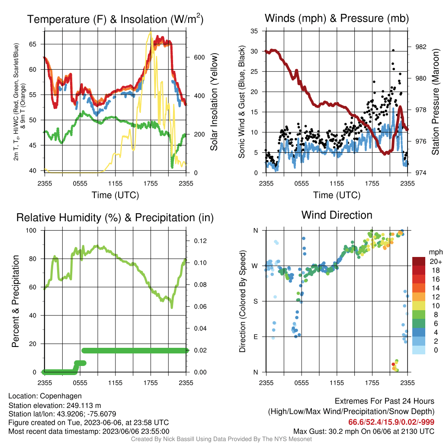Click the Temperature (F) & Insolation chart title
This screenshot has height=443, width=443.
coord(115,19)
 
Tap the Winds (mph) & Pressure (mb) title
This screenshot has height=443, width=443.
coord(337,18)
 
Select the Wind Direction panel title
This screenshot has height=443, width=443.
coord(337,215)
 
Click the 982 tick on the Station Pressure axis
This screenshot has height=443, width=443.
coord(421,47)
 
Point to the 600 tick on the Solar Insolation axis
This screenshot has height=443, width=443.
coord(199,58)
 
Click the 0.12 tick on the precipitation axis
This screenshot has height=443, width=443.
coord(200,241)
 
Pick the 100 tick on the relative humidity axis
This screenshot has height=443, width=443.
coord(31,231)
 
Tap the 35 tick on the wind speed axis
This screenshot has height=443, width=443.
coord(254,31)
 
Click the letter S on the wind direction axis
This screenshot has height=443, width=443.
coord(255,302)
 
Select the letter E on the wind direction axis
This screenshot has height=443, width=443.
coord(255,337)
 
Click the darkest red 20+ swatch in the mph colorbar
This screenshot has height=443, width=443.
coord(419,261)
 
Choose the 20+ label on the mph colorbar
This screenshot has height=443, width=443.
coord(436,262)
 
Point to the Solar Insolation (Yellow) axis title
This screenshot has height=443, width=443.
coord(214,102)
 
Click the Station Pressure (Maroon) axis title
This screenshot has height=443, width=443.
coord(435,102)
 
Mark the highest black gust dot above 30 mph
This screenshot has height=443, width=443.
coord(393,51)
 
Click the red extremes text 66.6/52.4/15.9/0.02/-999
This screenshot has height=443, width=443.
coord(391,422)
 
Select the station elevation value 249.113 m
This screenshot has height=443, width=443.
coord(83,406)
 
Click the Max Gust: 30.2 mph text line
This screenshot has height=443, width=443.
coord(363,431)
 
